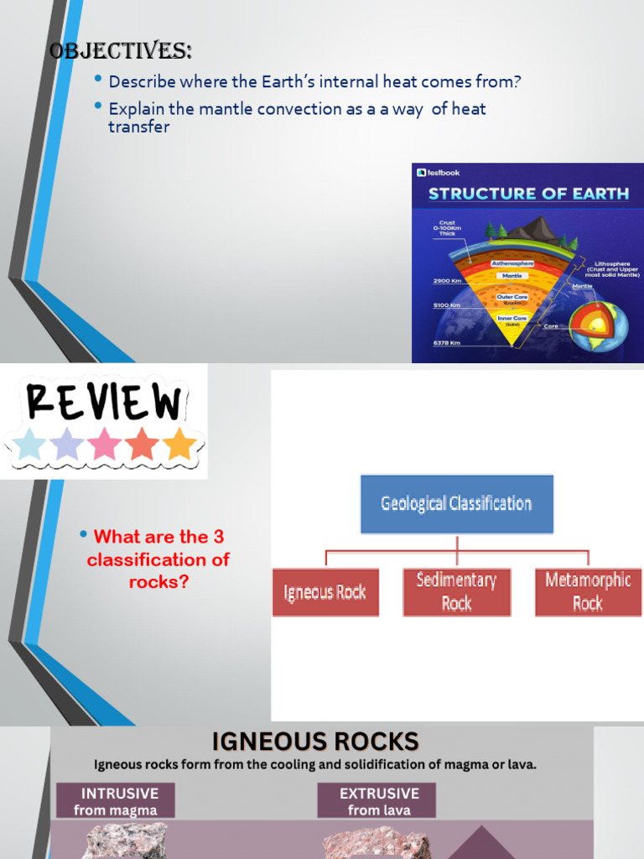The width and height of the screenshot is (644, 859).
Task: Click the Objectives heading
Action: [121, 51]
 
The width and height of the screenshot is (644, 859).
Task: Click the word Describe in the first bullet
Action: [139, 82]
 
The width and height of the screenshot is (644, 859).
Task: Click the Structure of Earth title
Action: [528, 194]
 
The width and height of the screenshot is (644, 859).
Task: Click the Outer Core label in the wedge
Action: [512, 297]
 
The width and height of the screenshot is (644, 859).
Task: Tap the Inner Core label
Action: [512, 318]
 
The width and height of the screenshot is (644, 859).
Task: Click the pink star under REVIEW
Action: [105, 444]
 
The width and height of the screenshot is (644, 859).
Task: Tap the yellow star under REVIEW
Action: [179, 444]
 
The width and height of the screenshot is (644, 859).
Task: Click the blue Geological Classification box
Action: [456, 504]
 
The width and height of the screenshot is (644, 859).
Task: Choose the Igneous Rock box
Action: [325, 592]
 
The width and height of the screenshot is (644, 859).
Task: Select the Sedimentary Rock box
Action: [456, 592]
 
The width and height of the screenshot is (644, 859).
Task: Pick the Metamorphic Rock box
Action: [588, 592]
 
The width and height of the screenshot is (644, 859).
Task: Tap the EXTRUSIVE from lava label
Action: [376, 801]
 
